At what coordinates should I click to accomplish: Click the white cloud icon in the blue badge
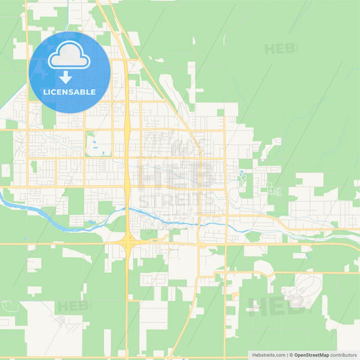70,56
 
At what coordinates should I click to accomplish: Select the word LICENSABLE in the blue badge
70,92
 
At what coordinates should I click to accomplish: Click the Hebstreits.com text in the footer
268,355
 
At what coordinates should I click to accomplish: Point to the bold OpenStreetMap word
311,355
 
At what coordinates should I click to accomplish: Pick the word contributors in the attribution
344,355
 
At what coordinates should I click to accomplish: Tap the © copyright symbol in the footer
291,355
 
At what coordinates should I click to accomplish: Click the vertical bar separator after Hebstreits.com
286,355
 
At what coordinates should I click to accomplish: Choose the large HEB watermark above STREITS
176,174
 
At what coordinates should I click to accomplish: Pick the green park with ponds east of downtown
242,177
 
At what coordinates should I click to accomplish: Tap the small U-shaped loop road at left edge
6,170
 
